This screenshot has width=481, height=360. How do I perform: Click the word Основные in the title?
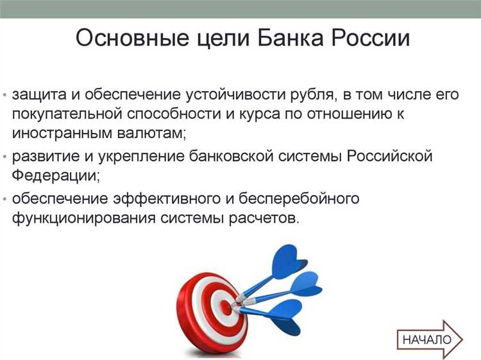tap(125, 39)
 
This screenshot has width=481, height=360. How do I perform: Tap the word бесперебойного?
tap(299, 198)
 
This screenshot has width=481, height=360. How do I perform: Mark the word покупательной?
tap(70, 115)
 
